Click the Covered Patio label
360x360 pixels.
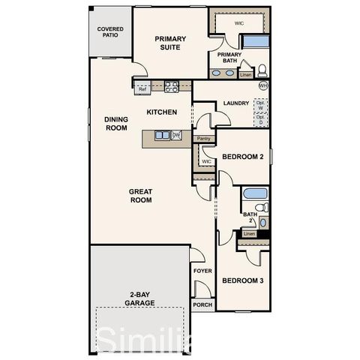click(110, 32)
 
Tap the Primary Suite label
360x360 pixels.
click(170, 43)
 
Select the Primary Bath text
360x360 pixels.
click(229, 58)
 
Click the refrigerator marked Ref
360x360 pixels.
click(142, 89)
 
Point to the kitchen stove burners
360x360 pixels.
click(172, 86)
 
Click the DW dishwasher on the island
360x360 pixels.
click(176, 135)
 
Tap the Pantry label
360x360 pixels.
click(202, 139)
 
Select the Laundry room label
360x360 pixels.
click(236, 103)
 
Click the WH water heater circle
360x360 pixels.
click(262, 86)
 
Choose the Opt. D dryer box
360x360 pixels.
click(260, 119)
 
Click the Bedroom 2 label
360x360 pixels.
click(242, 157)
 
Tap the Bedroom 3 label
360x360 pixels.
click(242, 280)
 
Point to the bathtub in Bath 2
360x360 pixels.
click(255, 193)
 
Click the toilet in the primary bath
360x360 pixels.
click(262, 71)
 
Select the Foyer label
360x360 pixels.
click(202, 271)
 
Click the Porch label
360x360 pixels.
click(202, 304)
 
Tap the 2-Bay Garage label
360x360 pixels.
click(140, 298)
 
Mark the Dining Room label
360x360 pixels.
click(116, 124)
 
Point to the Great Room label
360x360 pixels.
click(141, 196)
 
